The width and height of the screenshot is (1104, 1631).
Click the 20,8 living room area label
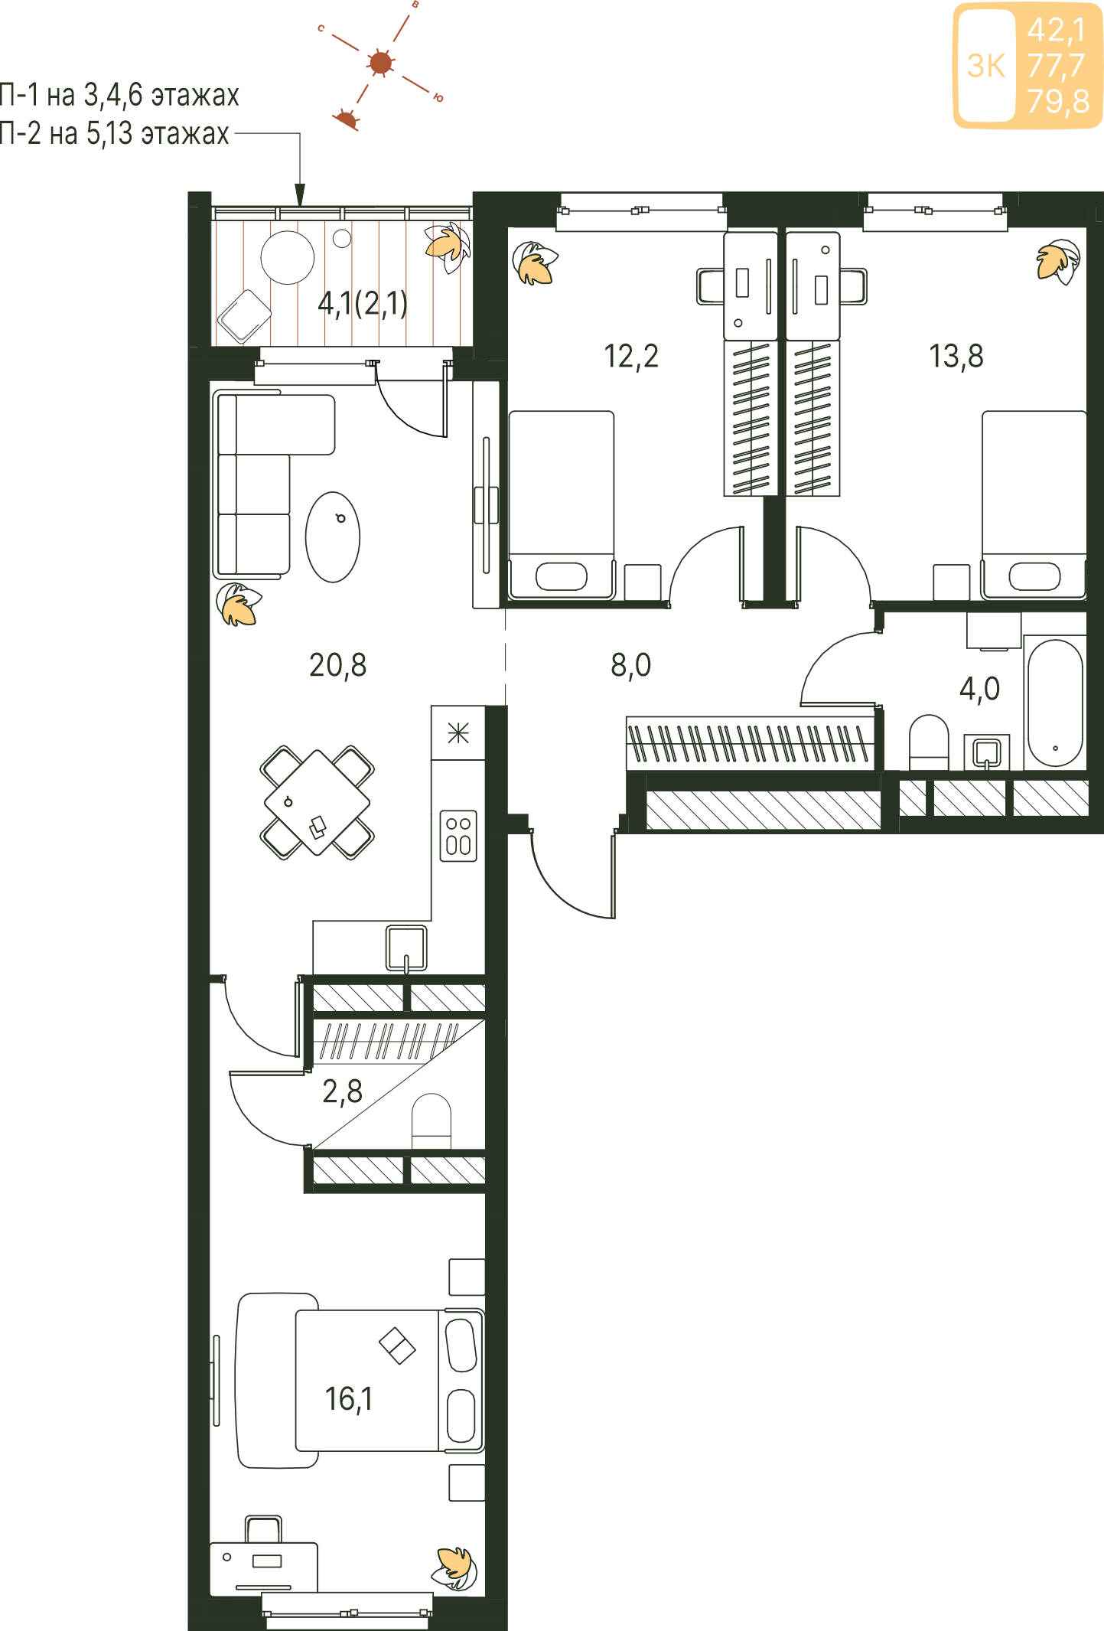point(337,666)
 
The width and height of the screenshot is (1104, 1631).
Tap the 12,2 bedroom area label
point(631,357)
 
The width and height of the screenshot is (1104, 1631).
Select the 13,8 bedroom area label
point(956,357)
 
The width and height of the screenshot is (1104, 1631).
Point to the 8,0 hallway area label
point(631,666)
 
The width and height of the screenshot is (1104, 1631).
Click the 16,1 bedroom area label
point(349,1399)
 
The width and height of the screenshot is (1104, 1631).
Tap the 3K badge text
point(986,67)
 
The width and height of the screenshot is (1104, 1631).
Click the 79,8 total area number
point(1058,101)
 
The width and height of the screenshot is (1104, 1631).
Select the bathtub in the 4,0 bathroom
point(1055,703)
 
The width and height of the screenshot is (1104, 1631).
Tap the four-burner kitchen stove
point(458,836)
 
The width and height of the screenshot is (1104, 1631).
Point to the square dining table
point(317,803)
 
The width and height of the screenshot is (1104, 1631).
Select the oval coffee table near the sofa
point(333,537)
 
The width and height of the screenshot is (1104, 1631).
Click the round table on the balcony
point(288,258)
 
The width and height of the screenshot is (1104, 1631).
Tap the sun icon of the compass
point(380,63)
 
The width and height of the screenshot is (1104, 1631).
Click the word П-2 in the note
point(19,134)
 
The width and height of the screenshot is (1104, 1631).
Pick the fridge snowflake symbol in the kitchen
point(458,733)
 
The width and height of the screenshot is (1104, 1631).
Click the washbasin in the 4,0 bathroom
point(987,752)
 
